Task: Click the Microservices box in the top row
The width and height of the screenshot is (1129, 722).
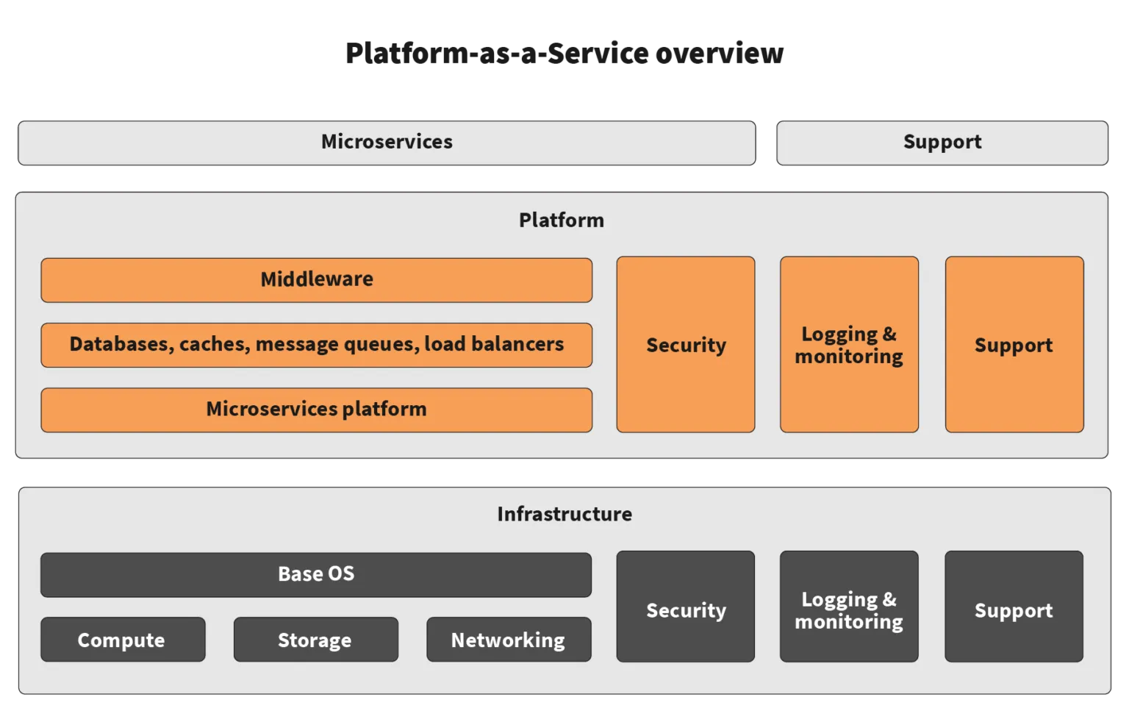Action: point(387,142)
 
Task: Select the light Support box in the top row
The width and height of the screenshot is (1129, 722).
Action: point(942,142)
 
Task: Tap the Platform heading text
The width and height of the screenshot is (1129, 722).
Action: point(561,220)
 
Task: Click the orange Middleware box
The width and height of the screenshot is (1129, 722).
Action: point(316,279)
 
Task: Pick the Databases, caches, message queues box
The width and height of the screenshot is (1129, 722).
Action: point(316,344)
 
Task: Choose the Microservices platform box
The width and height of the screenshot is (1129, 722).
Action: point(316,410)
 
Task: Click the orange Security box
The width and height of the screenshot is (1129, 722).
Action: point(685,344)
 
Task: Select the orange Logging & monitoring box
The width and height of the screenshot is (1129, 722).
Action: point(849,344)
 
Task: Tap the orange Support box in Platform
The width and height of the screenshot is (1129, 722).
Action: point(1014,344)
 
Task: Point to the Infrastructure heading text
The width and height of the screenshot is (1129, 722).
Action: point(564,514)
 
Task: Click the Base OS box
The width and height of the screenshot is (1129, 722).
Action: point(315,574)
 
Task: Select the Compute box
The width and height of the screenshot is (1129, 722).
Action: point(122,640)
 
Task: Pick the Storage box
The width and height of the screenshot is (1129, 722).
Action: point(315,640)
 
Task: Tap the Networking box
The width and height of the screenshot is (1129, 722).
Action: point(508,640)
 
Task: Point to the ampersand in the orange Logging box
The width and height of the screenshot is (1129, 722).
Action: point(889,334)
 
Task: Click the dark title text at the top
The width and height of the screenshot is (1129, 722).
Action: point(564,53)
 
